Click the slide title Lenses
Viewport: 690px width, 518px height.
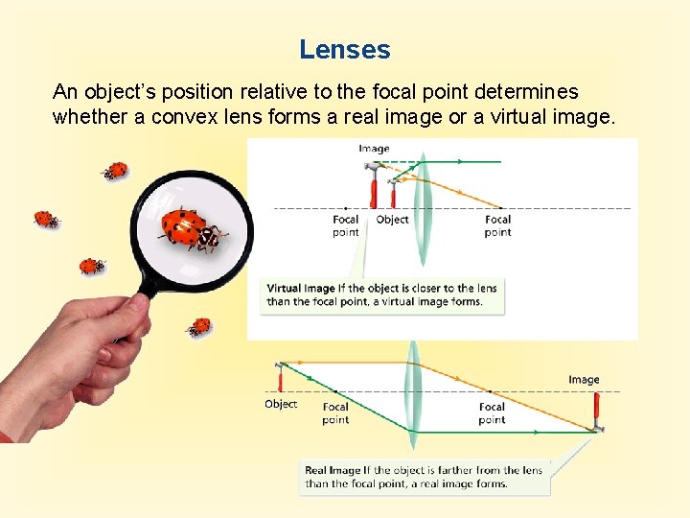(344, 49)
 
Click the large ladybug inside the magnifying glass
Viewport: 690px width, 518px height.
(192, 227)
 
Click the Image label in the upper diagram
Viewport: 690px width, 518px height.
(374, 149)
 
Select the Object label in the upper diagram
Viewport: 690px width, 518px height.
(393, 220)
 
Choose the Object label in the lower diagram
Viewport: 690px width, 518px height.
(281, 404)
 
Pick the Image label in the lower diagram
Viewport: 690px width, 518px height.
(584, 380)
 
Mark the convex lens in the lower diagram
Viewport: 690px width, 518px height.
(413, 393)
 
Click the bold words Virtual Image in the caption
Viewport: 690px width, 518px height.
(301, 288)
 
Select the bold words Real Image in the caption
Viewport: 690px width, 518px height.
(331, 470)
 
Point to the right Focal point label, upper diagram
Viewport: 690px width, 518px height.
(497, 225)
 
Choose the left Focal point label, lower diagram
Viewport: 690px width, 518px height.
(335, 412)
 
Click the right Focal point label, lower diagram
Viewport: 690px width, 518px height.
(492, 412)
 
